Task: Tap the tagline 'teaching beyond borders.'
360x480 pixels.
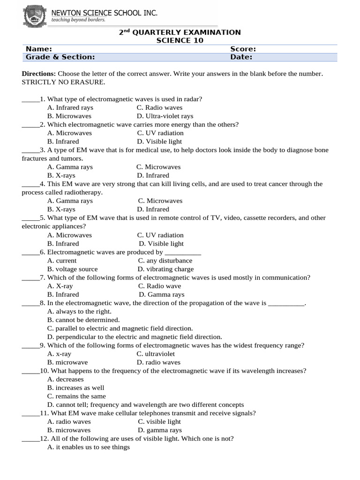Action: click(x=78, y=20)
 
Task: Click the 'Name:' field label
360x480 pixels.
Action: click(x=38, y=49)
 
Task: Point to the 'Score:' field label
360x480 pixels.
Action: click(x=243, y=49)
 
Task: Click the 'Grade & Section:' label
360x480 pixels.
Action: click(x=60, y=57)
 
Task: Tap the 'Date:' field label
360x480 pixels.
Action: click(x=241, y=57)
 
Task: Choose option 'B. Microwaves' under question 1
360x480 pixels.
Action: click(x=69, y=116)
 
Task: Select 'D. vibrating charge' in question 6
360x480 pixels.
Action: click(x=165, y=269)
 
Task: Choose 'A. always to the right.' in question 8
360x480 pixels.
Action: click(x=79, y=311)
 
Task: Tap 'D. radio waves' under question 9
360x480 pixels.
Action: click(x=158, y=362)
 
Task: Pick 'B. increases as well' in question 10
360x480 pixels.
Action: click(x=75, y=388)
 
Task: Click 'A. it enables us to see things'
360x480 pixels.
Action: click(x=89, y=447)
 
